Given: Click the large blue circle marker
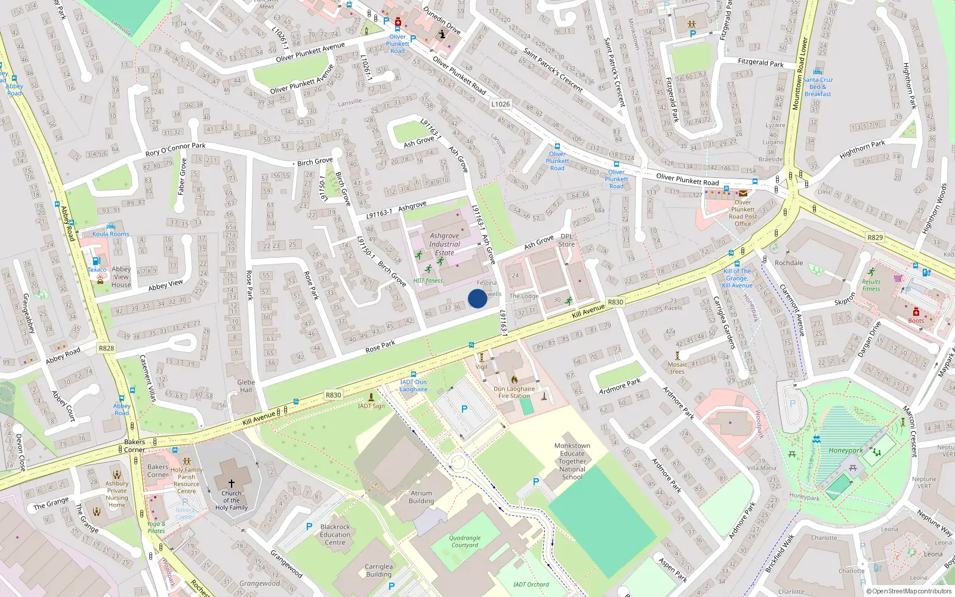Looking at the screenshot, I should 478,298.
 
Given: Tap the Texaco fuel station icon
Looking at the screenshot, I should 96,261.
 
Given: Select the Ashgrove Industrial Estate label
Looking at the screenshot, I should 445,244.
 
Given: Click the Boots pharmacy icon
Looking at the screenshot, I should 916,312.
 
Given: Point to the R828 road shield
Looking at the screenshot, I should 106,348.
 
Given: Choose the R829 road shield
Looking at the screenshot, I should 875,238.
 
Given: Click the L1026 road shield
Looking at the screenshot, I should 501,104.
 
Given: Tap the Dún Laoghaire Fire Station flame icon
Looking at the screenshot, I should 514,379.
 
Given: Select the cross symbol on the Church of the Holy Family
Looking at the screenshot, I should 232,483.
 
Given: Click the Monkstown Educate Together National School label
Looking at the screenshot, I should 572,461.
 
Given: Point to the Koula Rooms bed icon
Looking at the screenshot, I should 110,226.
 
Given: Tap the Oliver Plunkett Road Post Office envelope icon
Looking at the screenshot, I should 743,193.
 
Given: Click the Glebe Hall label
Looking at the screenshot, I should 246,386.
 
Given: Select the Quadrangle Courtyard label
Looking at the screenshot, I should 465,541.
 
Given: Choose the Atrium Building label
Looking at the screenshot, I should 421,497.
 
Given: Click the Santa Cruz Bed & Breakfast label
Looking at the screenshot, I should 818,87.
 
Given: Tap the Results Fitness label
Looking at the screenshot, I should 871,285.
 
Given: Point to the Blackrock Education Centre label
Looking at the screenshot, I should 335,534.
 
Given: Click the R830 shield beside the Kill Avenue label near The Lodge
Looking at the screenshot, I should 615,302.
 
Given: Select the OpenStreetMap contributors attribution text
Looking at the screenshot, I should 910,591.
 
